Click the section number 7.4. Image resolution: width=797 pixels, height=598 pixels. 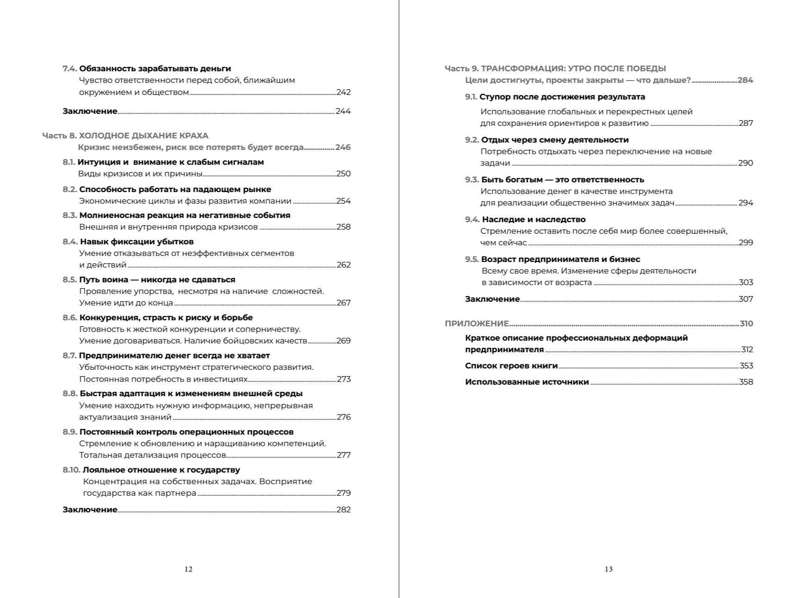[69, 69]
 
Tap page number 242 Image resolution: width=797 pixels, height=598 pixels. [343, 92]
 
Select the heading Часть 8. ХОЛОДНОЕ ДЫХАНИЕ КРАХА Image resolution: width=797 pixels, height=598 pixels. [125, 136]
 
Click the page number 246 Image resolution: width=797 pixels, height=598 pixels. [343, 147]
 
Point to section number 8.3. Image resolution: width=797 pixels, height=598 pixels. [69, 215]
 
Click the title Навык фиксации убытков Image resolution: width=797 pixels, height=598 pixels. [137, 242]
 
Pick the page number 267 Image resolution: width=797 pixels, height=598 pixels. [343, 303]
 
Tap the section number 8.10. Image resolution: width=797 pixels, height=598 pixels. [71, 470]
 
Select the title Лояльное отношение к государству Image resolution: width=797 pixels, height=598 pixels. [161, 470]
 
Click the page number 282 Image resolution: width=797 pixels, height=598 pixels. [343, 510]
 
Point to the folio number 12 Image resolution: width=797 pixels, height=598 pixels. [188, 569]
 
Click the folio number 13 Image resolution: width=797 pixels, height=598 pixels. [609, 569]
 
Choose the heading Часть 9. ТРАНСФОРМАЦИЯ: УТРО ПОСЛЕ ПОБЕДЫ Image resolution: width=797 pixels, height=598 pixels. [555, 69]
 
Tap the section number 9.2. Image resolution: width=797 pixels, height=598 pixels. [472, 140]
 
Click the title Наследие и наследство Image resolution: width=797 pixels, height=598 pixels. [534, 219]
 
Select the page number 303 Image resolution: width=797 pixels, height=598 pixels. [746, 282]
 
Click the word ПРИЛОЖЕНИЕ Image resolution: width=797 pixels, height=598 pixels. [477, 324]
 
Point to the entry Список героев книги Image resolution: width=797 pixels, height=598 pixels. [511, 366]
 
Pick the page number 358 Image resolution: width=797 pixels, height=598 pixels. [746, 382]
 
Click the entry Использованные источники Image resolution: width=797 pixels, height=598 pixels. [527, 382]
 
